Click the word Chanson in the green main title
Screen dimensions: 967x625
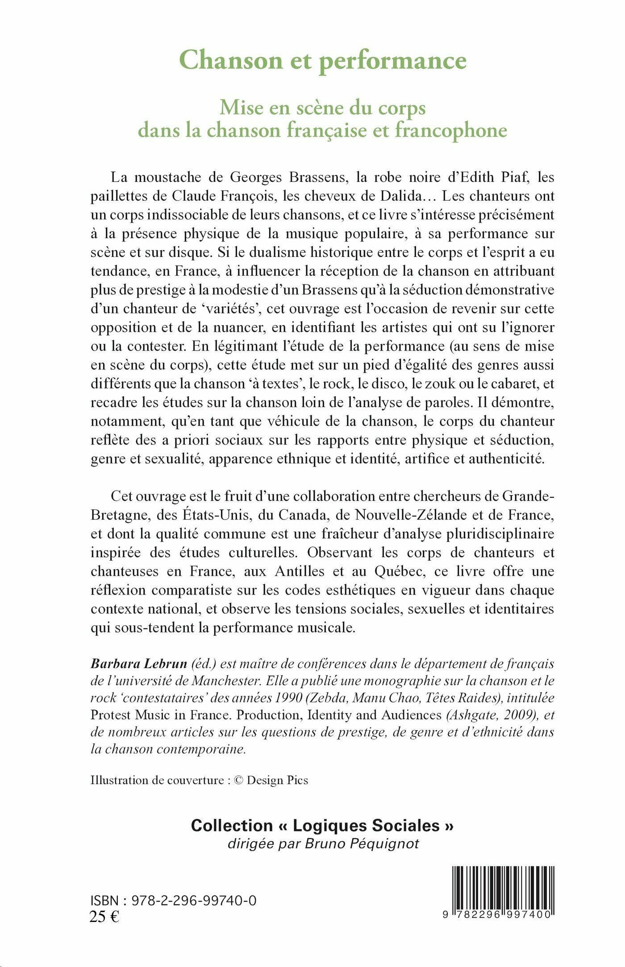(x=231, y=60)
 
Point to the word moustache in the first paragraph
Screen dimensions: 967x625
(x=168, y=178)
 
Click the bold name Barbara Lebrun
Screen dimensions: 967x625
(x=139, y=664)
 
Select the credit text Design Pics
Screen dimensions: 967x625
(x=277, y=780)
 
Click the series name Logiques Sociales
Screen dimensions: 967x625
(x=366, y=826)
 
